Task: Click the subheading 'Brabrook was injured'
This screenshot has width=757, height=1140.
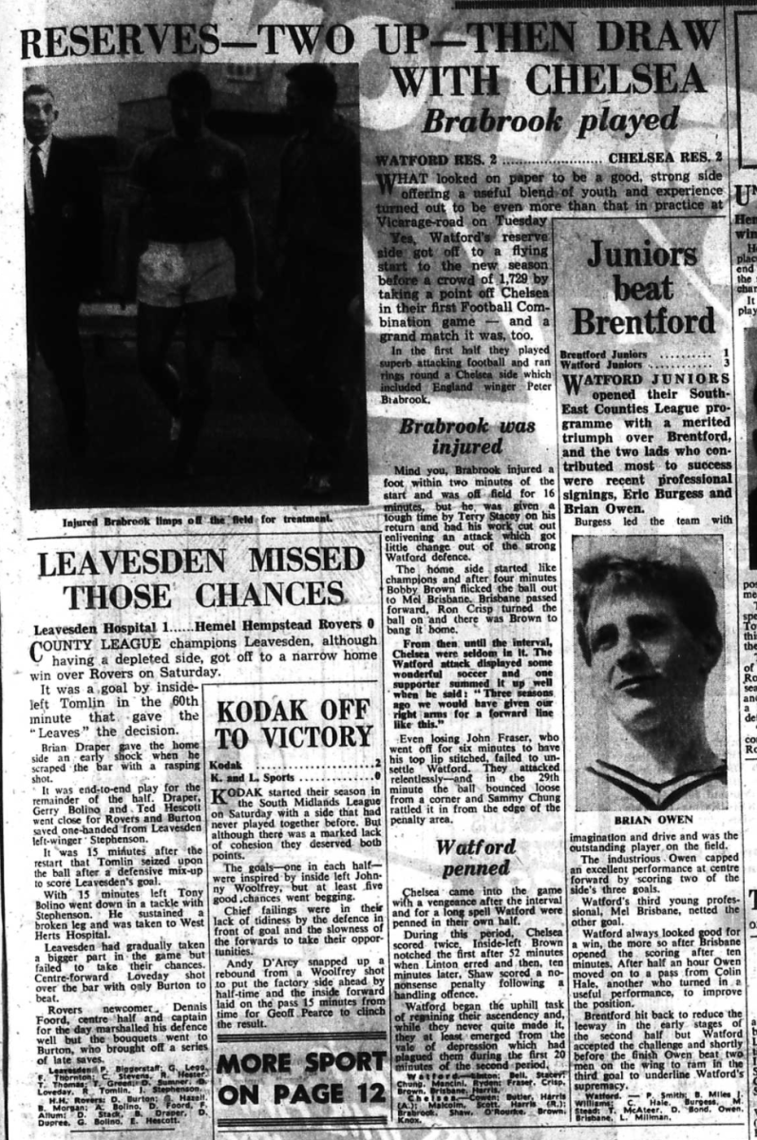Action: (466, 437)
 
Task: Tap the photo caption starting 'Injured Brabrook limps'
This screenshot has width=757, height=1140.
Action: (198, 519)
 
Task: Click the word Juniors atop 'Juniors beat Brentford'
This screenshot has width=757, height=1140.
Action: (641, 255)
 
